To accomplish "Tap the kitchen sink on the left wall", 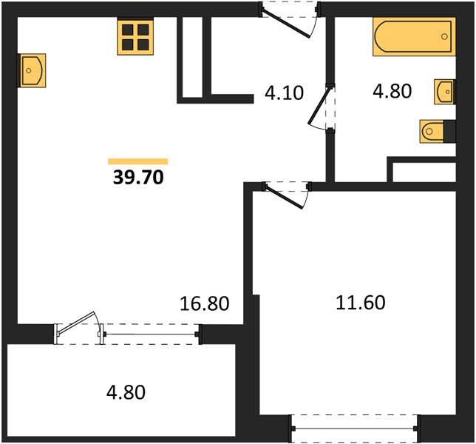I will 31,70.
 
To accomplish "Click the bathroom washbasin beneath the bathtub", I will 444,91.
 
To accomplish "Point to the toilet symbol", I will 432,132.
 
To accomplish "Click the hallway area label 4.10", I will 282,94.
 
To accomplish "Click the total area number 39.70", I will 138,178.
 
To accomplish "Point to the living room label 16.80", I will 205,303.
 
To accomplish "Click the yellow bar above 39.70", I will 138,161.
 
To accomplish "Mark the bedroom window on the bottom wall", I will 354,426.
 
